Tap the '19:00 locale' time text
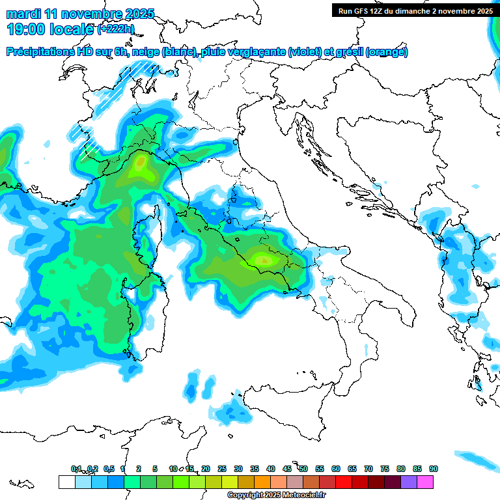[50, 29]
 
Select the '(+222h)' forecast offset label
[116, 29]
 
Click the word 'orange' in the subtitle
[388, 52]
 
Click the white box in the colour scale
[66, 482]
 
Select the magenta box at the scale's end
[425, 482]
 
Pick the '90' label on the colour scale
[433, 469]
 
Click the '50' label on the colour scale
[303, 469]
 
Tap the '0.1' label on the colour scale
[76, 469]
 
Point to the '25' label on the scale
[221, 469]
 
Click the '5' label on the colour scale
[155, 469]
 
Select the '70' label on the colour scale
[368, 469]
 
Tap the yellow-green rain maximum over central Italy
[264, 260]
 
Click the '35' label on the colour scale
[254, 469]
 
